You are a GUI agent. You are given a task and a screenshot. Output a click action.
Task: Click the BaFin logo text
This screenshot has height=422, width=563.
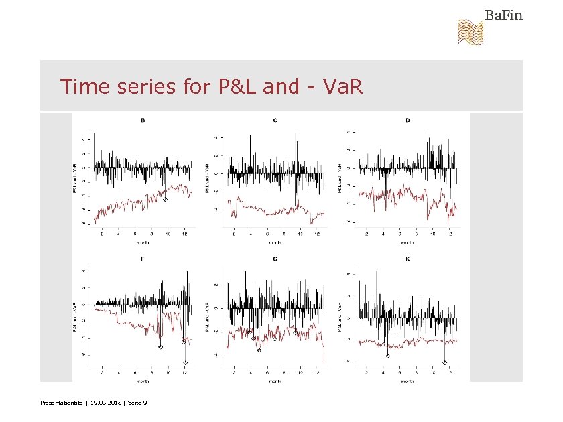pyautogui.click(x=504, y=15)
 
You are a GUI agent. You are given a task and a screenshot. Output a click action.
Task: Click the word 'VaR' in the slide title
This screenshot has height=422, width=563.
pyautogui.click(x=344, y=87)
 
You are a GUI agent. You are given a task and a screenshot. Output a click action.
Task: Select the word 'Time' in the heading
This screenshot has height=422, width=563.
pyautogui.click(x=84, y=87)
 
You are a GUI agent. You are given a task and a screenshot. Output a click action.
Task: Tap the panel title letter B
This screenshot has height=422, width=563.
pyautogui.click(x=143, y=121)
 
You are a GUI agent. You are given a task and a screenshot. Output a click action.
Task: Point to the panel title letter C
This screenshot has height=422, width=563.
pyautogui.click(x=275, y=121)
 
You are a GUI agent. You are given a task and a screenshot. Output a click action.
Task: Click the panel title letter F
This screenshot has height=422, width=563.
pyautogui.click(x=143, y=258)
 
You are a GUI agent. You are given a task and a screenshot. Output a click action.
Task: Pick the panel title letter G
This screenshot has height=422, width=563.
pyautogui.click(x=275, y=258)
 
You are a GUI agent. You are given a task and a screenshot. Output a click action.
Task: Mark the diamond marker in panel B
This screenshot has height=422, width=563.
pyautogui.click(x=166, y=199)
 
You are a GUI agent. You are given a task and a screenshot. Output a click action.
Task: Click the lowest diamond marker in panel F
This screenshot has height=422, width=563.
pyautogui.click(x=186, y=363)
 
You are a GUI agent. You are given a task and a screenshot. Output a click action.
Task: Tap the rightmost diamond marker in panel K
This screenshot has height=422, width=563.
pyautogui.click(x=444, y=362)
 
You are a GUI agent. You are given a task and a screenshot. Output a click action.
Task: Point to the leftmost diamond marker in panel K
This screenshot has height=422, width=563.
pyautogui.click(x=387, y=356)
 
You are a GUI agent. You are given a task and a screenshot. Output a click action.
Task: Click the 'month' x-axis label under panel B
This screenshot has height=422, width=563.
pyautogui.click(x=143, y=243)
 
